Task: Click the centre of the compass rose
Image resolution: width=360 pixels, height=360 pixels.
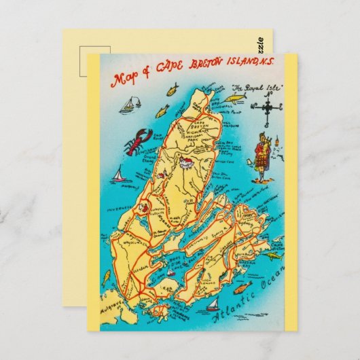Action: (269, 107)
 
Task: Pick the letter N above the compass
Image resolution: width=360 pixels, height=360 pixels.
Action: (269, 94)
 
